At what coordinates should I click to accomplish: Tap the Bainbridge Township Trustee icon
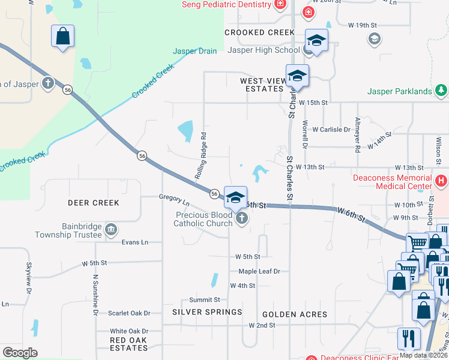click(x=110, y=229)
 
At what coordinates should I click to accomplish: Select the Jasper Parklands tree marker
click(x=442, y=91)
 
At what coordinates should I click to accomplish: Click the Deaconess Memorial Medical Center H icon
click(x=441, y=180)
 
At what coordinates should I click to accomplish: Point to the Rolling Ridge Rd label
click(x=200, y=155)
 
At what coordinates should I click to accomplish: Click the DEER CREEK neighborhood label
click(x=94, y=203)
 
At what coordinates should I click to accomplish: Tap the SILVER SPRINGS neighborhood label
click(x=207, y=312)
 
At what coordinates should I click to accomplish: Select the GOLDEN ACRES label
click(x=295, y=314)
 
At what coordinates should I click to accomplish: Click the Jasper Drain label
click(x=194, y=52)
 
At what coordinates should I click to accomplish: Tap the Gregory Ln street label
click(x=174, y=197)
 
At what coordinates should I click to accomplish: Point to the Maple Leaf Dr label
click(x=259, y=271)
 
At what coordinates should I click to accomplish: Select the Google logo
click(x=20, y=353)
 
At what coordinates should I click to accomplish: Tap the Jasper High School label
click(x=263, y=50)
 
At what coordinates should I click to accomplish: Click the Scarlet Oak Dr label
click(x=129, y=313)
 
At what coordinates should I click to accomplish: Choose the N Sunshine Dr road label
click(x=95, y=295)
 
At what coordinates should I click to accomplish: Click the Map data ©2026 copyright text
click(x=423, y=355)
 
